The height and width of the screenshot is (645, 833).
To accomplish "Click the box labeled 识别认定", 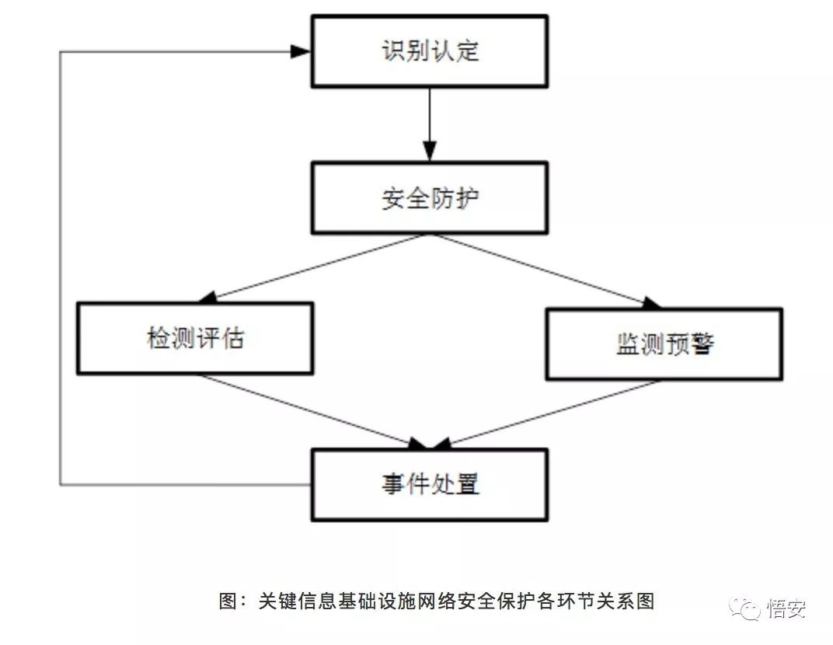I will click(430, 51).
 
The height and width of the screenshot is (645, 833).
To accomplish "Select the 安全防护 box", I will click(430, 198).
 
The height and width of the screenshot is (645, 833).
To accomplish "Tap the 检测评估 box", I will click(195, 339).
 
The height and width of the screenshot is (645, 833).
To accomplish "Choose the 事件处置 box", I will click(430, 484).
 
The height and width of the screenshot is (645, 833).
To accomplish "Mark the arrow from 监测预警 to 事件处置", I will click(552, 413).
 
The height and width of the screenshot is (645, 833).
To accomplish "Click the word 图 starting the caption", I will click(228, 601).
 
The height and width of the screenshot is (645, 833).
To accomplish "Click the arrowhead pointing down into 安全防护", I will click(430, 152).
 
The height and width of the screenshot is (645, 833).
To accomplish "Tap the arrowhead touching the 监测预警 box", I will click(651, 304).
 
